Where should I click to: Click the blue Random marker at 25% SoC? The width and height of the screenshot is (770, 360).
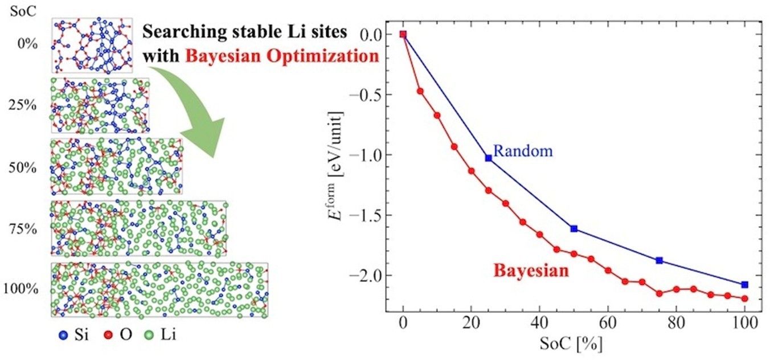(x=488, y=158)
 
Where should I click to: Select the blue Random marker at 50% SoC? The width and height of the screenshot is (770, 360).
(x=574, y=228)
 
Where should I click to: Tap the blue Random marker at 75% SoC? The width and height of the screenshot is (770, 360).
(x=660, y=260)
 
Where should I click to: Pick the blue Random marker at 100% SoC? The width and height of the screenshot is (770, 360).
(x=744, y=284)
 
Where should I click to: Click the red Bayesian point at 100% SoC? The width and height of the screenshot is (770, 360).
(x=744, y=298)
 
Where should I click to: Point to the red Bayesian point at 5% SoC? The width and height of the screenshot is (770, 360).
(x=420, y=91)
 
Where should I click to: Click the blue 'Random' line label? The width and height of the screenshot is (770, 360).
(x=523, y=151)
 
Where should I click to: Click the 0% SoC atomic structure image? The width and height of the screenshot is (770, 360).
(x=92, y=45)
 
